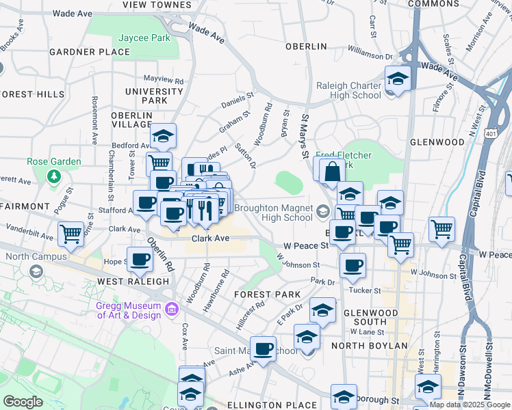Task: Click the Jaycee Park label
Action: click(x=144, y=38)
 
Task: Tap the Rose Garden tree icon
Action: click(x=54, y=176)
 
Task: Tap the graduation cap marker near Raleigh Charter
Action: click(x=397, y=80)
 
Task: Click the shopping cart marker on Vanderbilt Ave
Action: click(x=71, y=234)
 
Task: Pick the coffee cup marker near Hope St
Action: click(x=140, y=260)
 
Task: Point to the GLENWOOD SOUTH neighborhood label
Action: click(x=370, y=317)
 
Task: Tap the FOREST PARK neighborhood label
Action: click(x=267, y=294)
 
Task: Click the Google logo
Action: click(x=23, y=402)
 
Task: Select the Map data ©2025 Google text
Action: click(x=470, y=405)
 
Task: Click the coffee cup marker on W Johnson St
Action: click(x=353, y=266)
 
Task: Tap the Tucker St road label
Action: click(x=366, y=290)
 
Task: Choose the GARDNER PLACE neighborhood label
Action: click(x=80, y=52)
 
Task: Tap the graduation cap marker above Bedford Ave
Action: click(x=164, y=136)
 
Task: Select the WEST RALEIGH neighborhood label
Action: click(x=133, y=281)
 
